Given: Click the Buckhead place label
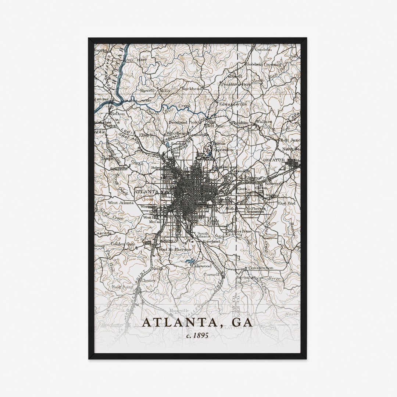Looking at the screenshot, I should click(x=192, y=89).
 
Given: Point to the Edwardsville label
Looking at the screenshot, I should click(x=233, y=104).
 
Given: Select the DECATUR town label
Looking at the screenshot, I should click(x=274, y=161).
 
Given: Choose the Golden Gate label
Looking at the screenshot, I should click(x=123, y=244).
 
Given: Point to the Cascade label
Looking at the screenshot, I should click(x=103, y=233).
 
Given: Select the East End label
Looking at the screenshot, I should click(x=286, y=203).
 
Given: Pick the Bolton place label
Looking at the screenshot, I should click(x=118, y=114).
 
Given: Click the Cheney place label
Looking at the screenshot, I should click(x=149, y=280).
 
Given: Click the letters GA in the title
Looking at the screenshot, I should click(x=242, y=322).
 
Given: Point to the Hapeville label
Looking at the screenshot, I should click(x=179, y=311).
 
